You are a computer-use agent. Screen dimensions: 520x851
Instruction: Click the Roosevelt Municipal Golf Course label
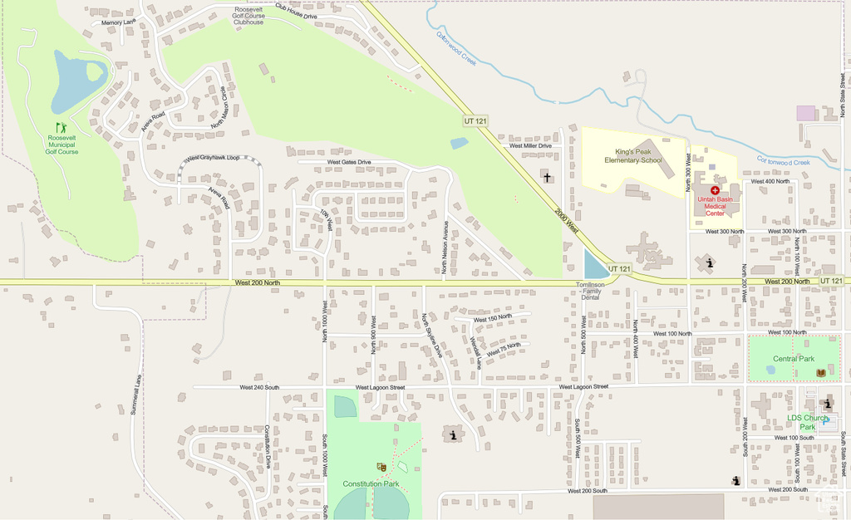point(61,144)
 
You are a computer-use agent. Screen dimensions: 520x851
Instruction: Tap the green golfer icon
point(61,128)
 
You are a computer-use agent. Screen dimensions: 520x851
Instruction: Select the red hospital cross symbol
point(715,190)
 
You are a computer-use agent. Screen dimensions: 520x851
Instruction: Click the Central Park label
point(794,359)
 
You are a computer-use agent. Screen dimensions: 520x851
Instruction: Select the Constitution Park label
point(371,483)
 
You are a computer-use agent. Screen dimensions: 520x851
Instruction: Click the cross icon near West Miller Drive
point(546,176)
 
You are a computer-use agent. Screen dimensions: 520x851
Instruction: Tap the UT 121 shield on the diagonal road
point(475,121)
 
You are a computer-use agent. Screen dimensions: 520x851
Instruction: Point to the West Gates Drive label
point(349,162)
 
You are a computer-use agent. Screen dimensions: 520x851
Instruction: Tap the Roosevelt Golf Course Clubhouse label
point(248,15)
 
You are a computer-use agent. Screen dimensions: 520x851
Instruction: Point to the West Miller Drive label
point(530,145)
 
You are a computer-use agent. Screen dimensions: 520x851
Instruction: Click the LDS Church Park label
point(808,421)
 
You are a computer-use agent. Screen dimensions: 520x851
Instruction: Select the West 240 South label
point(259,387)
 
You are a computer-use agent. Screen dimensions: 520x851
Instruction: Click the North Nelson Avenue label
point(445,247)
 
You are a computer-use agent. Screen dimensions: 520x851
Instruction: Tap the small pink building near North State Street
point(806,113)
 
